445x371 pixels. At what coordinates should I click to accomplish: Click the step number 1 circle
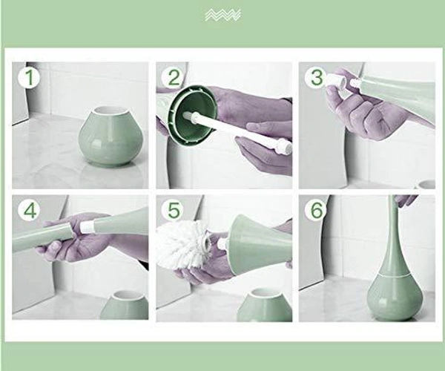point(28,77)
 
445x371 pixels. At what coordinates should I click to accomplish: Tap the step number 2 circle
point(174,77)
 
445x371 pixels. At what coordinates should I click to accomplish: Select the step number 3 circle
point(316,77)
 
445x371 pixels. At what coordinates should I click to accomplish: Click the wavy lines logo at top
point(222,15)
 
